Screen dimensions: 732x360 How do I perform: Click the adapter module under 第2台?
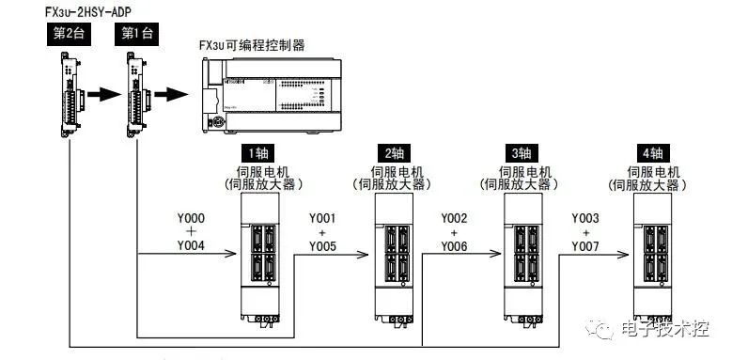[x=68, y=90]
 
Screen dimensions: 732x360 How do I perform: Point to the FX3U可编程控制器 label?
[x=252, y=45]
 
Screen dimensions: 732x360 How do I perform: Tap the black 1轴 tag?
[x=258, y=153]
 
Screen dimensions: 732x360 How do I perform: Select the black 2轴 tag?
[x=390, y=153]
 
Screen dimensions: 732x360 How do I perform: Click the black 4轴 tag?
[x=653, y=153]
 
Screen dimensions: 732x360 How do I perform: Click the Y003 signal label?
[x=585, y=217]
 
